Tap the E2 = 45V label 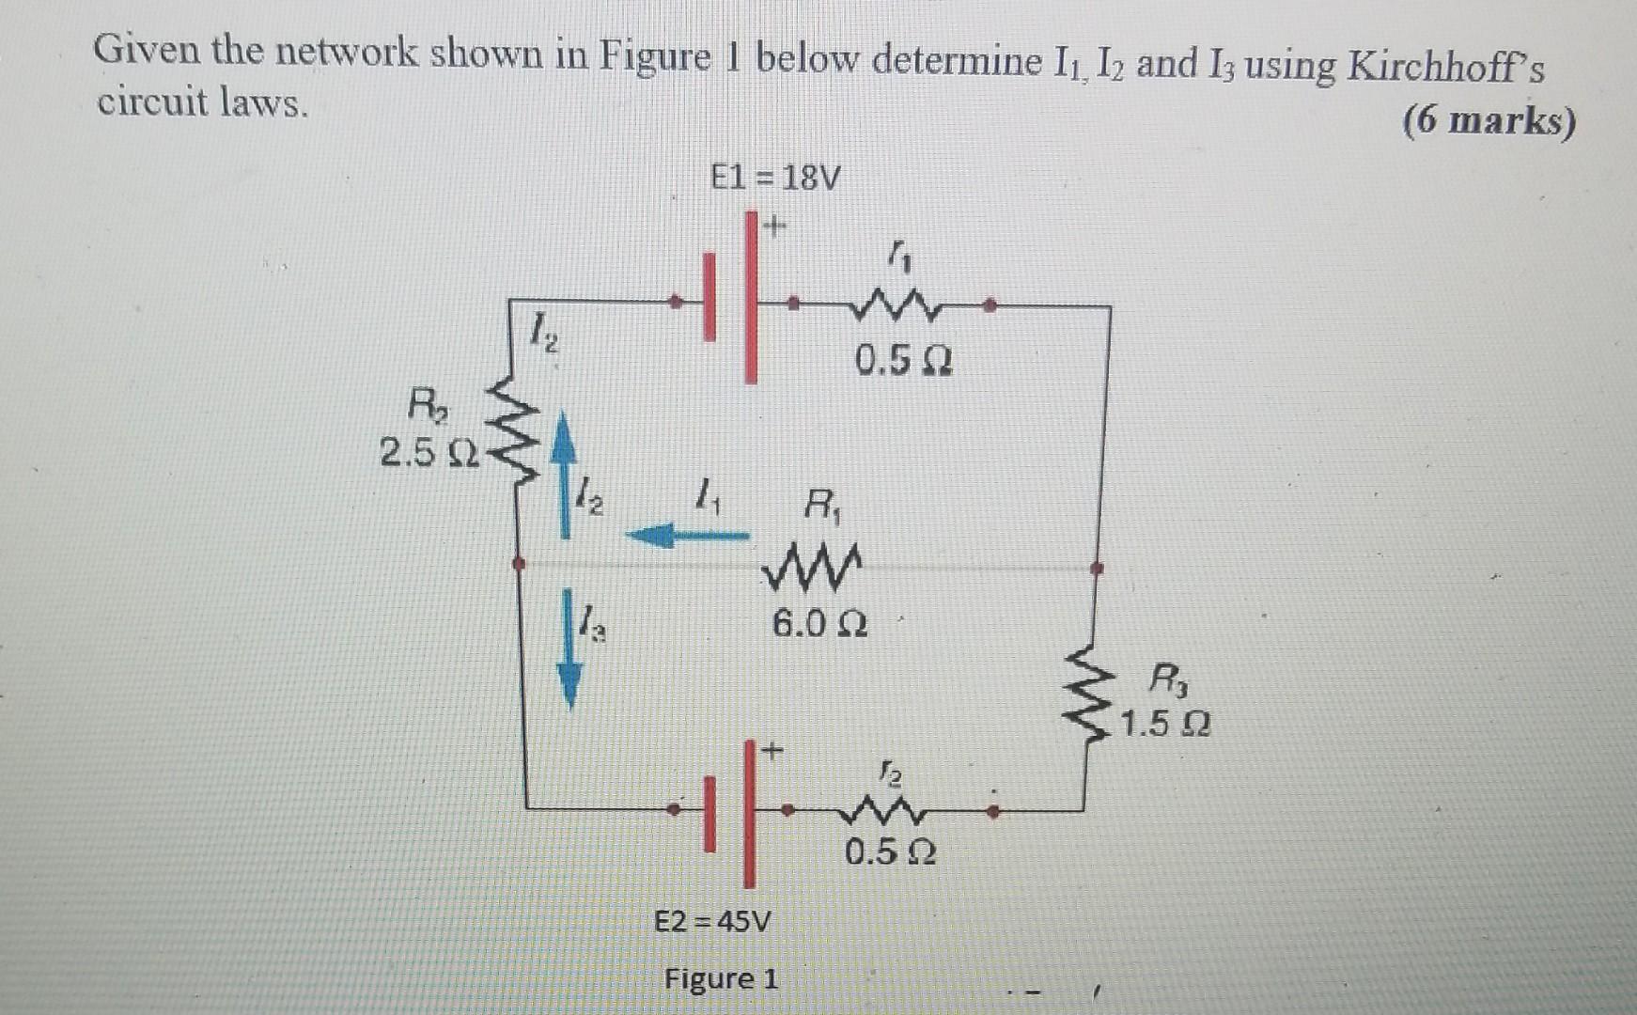pyautogui.click(x=711, y=920)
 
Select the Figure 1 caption pyautogui.click(x=721, y=978)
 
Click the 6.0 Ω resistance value pyautogui.click(x=819, y=622)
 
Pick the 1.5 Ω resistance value pyautogui.click(x=1165, y=724)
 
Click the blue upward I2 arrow pyautogui.click(x=563, y=475)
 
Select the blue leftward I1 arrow pyautogui.click(x=686, y=537)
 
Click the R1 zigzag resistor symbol pyautogui.click(x=813, y=568)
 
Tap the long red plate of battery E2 pyautogui.click(x=749, y=814)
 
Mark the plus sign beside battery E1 pyautogui.click(x=774, y=226)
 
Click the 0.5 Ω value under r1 pyautogui.click(x=903, y=359)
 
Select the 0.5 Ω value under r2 pyautogui.click(x=889, y=852)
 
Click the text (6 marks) pyautogui.click(x=1489, y=121)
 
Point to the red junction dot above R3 pyautogui.click(x=1096, y=568)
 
